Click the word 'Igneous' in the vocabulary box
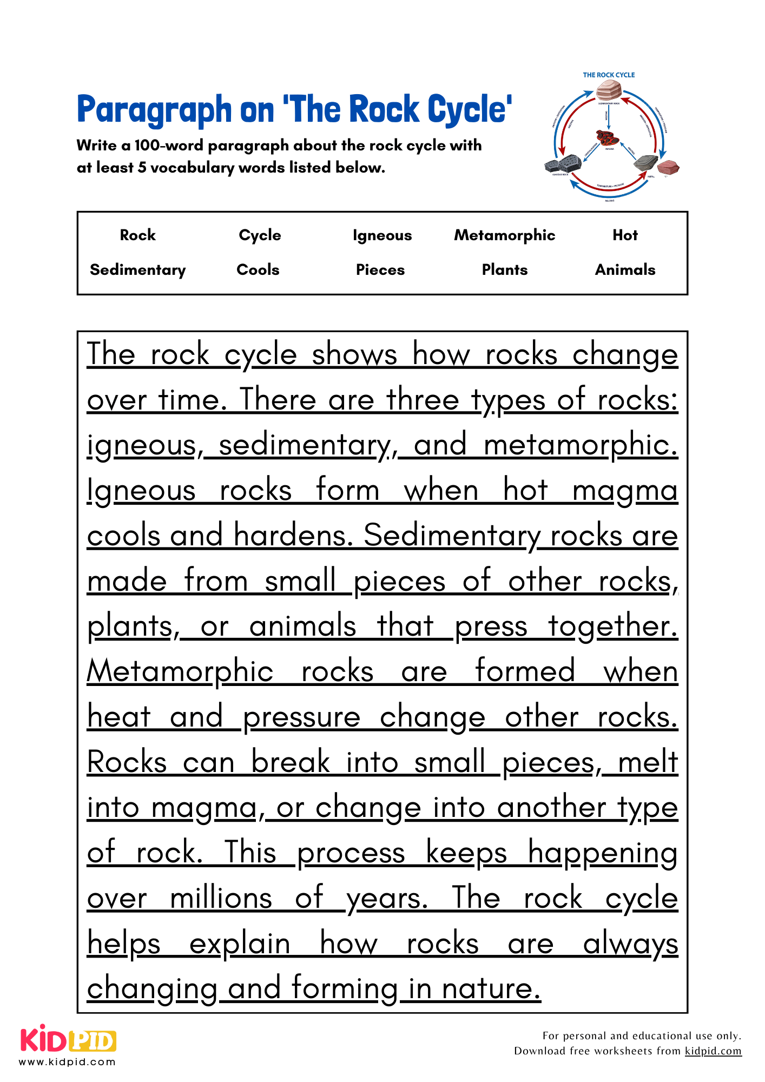382,235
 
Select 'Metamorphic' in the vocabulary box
504,235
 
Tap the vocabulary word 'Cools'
258,269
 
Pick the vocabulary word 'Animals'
625,269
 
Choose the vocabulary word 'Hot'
625,235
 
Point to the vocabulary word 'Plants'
504,269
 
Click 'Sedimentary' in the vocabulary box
138,269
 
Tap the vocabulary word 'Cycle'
260,235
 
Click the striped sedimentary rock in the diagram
609,90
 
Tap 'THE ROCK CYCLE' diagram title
609,75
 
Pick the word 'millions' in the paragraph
221,899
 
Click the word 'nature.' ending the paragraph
491,989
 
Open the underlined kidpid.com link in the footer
713,1051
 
